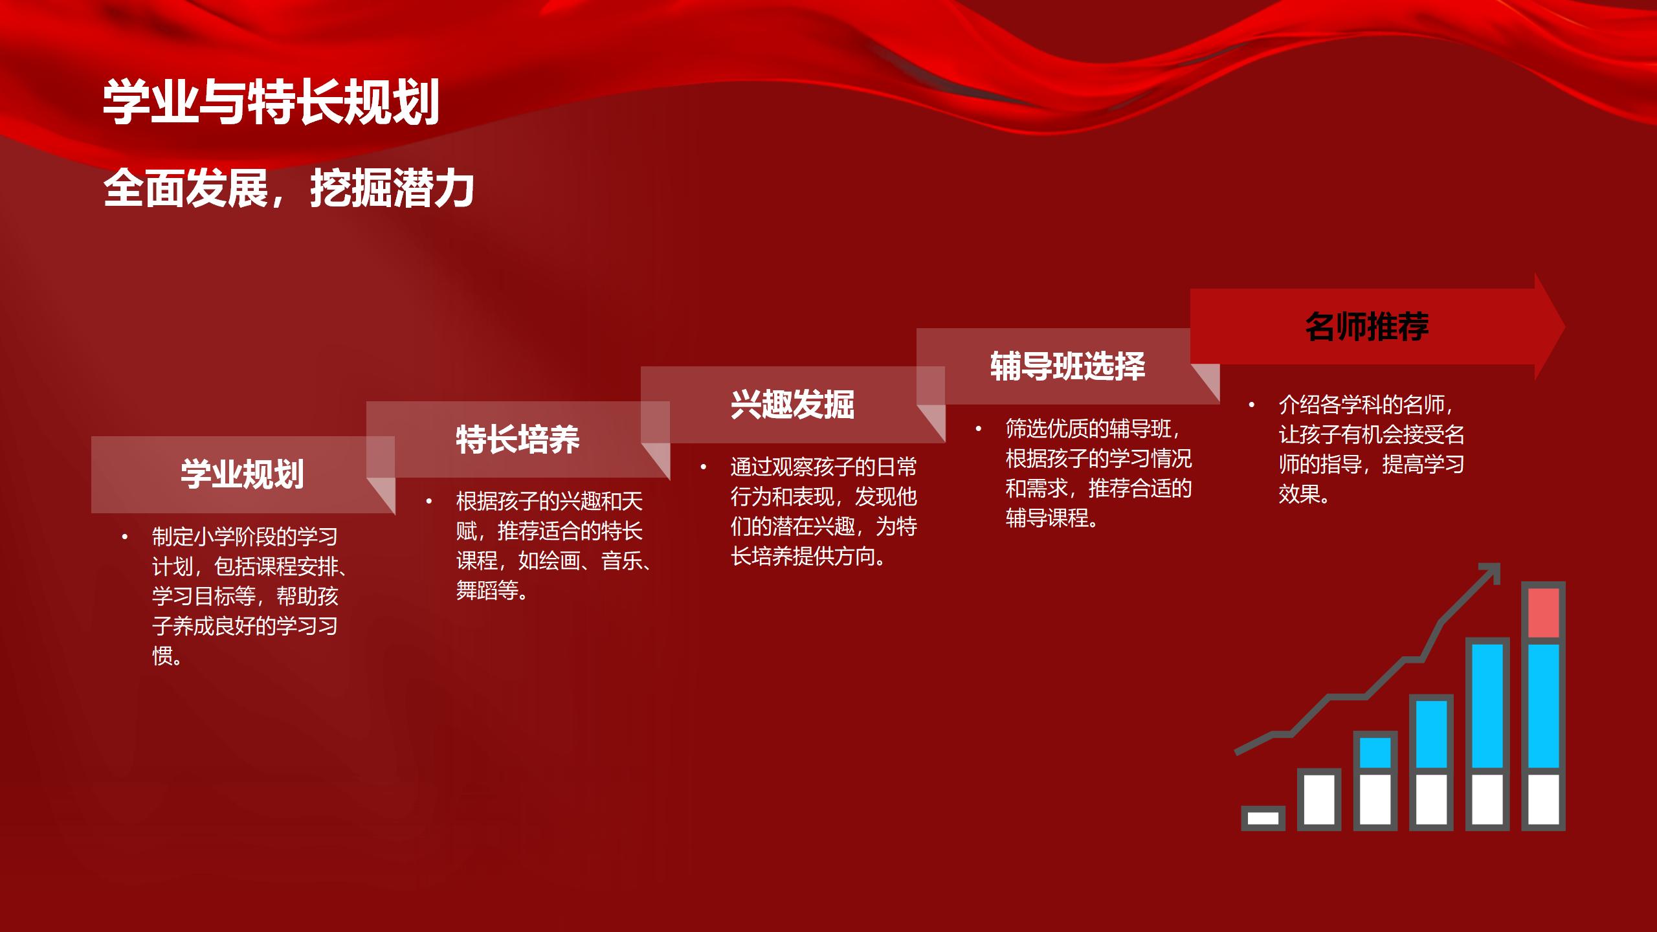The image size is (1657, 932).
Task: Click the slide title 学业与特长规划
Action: pos(271,102)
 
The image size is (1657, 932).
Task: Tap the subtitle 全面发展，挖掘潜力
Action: pos(289,188)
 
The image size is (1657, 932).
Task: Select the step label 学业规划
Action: pos(242,474)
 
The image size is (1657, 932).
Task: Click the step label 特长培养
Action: pos(518,439)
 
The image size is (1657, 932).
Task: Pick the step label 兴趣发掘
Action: pos(793,405)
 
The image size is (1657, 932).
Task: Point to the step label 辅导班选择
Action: pos(1068,366)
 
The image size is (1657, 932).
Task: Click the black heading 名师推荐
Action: pos(1367,326)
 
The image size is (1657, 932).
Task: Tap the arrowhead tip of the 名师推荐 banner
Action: pos(1564,327)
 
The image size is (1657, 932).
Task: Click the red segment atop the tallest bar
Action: pos(1543,613)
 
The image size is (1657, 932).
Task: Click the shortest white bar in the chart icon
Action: pos(1263,818)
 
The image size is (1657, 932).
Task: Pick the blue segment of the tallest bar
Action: pos(1543,705)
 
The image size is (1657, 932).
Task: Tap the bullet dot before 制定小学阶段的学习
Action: pos(125,537)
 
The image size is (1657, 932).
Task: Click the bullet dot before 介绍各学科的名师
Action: pos(1252,405)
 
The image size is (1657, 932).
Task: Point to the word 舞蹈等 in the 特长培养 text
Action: pos(487,590)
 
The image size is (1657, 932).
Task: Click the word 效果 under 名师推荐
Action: pos(1299,494)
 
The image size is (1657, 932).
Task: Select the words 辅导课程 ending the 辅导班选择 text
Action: pos(1047,518)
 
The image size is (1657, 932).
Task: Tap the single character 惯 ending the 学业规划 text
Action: pos(162,656)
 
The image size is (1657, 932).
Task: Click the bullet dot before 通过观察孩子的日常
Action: pos(704,467)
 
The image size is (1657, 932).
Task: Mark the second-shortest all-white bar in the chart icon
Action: pos(1319,799)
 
